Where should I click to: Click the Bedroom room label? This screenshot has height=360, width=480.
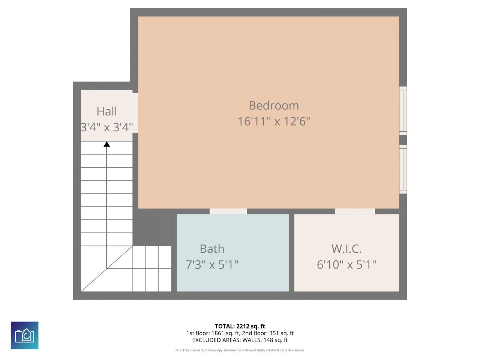click(x=274, y=106)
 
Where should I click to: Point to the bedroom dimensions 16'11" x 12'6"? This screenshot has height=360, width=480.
click(x=274, y=121)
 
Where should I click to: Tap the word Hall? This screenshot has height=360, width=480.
click(x=107, y=111)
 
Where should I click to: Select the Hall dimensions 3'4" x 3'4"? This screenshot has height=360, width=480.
click(x=107, y=127)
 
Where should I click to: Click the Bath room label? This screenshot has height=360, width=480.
click(x=212, y=249)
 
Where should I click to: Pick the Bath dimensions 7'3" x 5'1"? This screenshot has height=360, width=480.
click(x=212, y=265)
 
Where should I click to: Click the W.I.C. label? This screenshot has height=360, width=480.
click(x=346, y=249)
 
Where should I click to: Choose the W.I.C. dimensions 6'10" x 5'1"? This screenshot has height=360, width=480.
click(x=346, y=265)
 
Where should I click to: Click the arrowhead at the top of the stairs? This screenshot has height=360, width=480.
click(x=107, y=144)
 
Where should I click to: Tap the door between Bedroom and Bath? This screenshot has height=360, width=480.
click(x=228, y=211)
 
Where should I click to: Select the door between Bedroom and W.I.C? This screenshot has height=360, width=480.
click(x=355, y=211)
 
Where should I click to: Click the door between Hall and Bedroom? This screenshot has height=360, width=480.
click(x=135, y=112)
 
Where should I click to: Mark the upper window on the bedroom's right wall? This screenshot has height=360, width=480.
click(x=403, y=111)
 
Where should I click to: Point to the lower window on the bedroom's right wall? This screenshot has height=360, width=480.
click(x=403, y=169)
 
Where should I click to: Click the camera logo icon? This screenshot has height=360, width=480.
click(x=24, y=335)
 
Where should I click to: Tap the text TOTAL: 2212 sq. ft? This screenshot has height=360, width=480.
click(x=240, y=326)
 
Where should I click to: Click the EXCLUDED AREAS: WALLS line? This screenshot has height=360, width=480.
click(x=240, y=340)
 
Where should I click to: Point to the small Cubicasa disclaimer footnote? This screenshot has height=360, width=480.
click(x=240, y=350)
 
